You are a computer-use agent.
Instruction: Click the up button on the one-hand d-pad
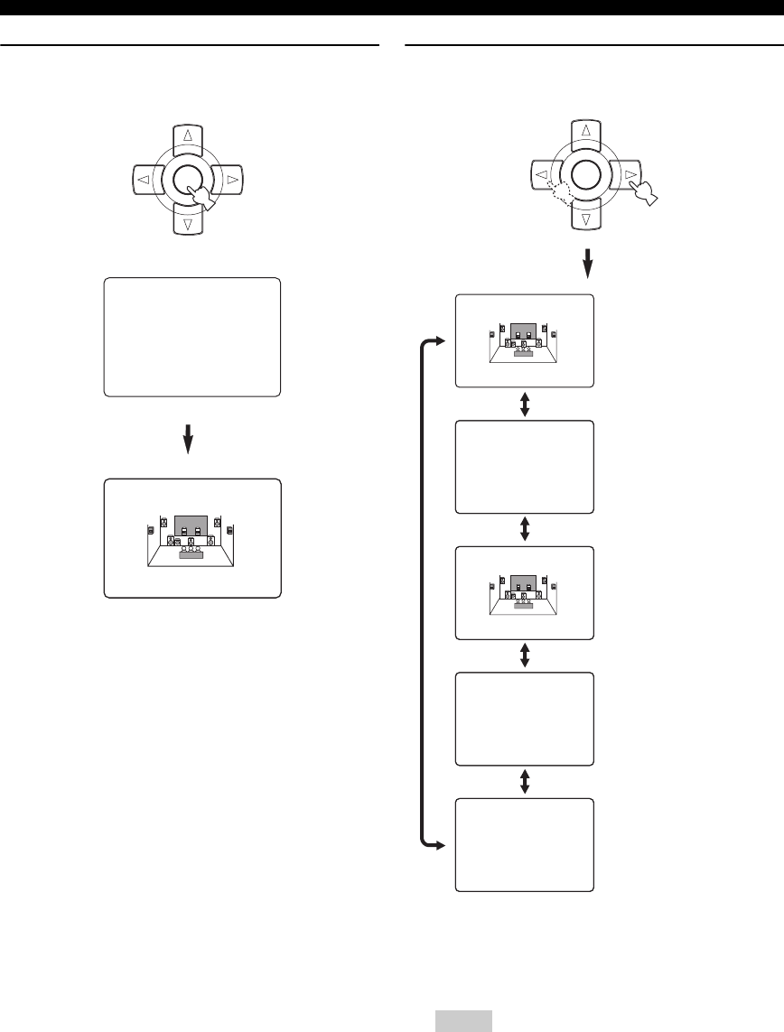tap(188, 136)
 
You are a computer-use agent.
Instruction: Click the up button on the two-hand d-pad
tap(586, 131)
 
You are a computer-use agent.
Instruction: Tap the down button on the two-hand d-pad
tap(586, 219)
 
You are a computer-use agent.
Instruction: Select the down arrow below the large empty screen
tap(189, 440)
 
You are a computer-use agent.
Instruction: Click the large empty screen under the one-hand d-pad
tap(192, 338)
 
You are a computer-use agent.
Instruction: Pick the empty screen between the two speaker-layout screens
tap(525, 467)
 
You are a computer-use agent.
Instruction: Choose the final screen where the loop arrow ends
tap(525, 844)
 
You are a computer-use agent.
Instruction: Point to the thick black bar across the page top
tap(392, 9)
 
